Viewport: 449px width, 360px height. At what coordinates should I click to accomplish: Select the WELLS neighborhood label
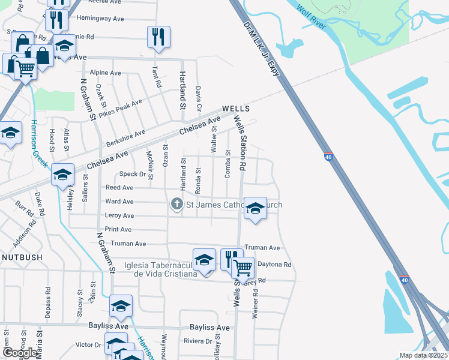click(x=235, y=109)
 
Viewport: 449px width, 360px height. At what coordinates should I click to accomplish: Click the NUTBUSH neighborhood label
click(x=22, y=257)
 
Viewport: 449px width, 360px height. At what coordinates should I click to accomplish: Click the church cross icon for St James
click(x=176, y=205)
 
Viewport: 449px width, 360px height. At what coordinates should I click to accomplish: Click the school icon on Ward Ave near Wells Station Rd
click(x=255, y=208)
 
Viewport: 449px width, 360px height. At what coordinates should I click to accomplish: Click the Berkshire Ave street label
click(x=125, y=138)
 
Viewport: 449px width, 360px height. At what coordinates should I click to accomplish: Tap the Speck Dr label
click(x=133, y=174)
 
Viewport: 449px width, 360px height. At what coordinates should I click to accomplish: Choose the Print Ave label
click(x=118, y=229)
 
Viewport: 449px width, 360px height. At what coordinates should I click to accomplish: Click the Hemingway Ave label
click(x=100, y=19)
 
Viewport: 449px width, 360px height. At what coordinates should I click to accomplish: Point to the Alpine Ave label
click(x=105, y=73)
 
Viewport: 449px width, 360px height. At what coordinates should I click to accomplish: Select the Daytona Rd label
click(x=274, y=264)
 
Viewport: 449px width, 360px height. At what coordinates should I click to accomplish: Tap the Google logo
click(x=20, y=353)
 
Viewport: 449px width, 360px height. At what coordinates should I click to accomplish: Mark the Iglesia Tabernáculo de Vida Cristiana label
click(x=160, y=269)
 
